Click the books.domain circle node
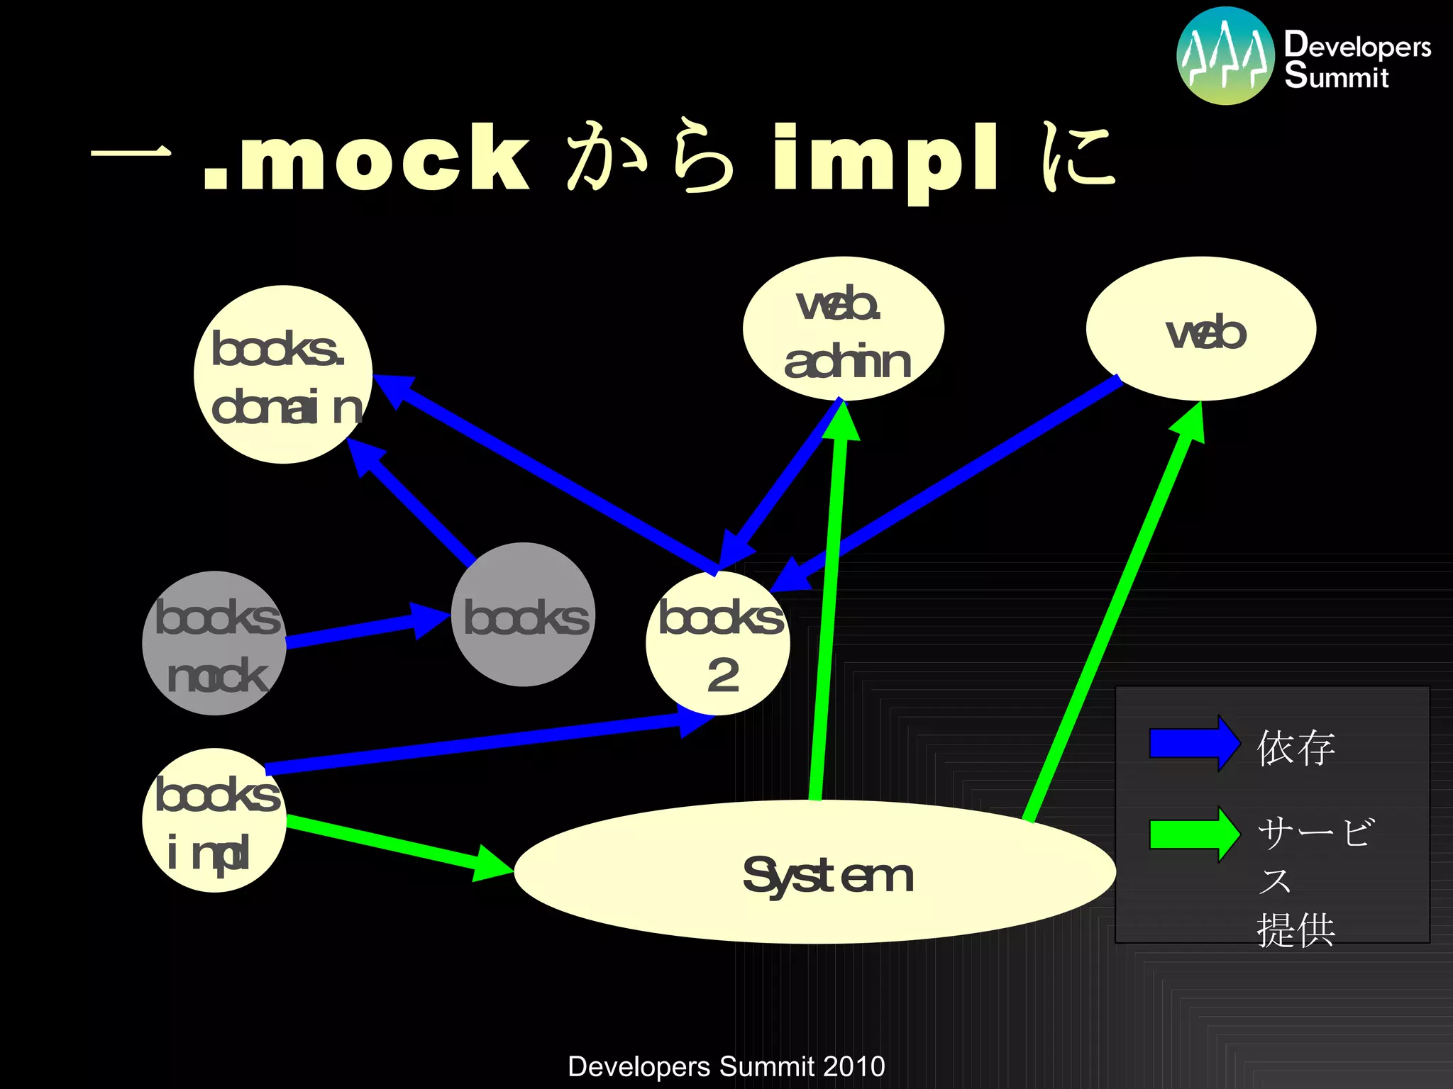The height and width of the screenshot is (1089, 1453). [x=283, y=374]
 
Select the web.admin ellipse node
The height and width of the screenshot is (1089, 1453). [x=843, y=329]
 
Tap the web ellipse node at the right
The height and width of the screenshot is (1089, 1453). [x=1200, y=329]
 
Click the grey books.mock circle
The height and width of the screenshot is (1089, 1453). [x=214, y=643]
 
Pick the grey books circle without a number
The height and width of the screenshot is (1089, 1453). [x=523, y=615]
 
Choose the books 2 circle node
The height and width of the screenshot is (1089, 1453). [x=718, y=643]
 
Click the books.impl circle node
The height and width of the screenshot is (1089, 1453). [x=214, y=820]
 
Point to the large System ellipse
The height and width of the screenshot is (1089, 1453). [x=814, y=873]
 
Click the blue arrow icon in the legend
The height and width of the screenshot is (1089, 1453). [x=1194, y=744]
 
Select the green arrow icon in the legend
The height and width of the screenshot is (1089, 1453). [x=1194, y=834]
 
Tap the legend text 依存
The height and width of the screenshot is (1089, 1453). [x=1295, y=748]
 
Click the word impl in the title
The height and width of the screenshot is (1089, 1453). [x=885, y=160]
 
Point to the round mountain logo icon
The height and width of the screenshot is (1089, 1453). [x=1225, y=56]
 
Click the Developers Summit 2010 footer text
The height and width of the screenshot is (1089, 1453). [x=726, y=1066]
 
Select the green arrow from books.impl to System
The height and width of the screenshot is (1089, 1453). [x=397, y=845]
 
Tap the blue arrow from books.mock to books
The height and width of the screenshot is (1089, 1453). [x=362, y=630]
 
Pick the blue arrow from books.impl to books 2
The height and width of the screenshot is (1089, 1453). [x=482, y=744]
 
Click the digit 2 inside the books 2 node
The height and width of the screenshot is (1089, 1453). [x=723, y=675]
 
